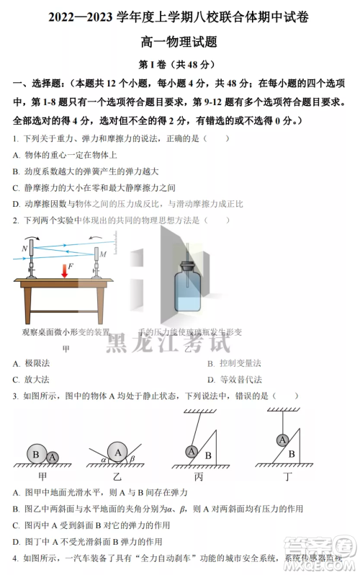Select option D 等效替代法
[234, 380]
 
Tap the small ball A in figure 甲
[51, 457]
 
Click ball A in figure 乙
[117, 451]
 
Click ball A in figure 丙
[191, 451]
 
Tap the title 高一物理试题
[180, 43]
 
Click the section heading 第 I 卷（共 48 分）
[180, 64]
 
